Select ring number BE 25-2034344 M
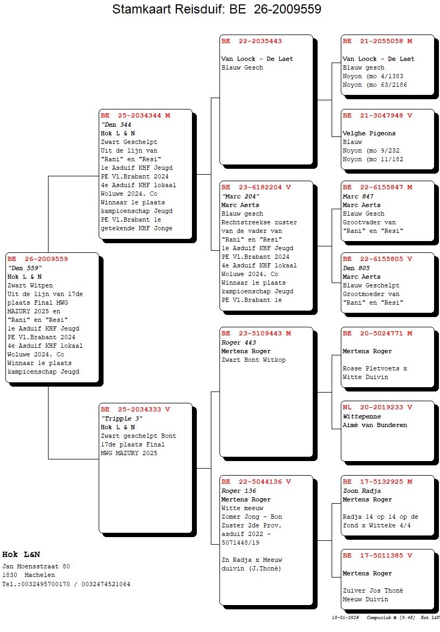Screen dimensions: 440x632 [135, 116]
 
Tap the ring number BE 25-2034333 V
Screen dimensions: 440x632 [135, 409]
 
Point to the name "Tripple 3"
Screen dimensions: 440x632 [122, 418]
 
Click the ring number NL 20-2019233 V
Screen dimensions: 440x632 [377, 408]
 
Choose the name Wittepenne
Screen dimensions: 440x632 [362, 416]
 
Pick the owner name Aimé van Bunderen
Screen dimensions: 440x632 [375, 425]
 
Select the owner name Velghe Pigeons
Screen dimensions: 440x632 [369, 133]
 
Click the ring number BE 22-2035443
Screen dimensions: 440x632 [252, 41]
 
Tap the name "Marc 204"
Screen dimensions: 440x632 [240, 196]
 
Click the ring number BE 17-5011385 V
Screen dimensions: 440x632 [377, 556]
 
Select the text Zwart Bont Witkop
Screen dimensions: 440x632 [253, 360]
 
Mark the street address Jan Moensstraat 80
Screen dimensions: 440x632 [36, 566]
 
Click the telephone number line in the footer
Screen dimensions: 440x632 [66, 584]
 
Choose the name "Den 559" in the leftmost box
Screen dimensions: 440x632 [25, 268]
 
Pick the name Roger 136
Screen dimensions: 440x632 [238, 491]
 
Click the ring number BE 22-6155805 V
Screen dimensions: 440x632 [377, 259]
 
